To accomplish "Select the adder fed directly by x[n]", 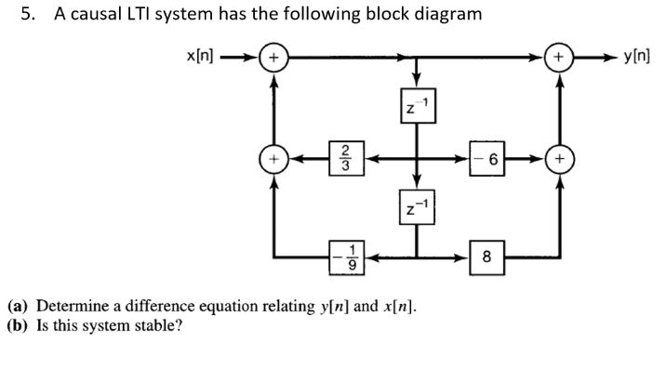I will click(x=273, y=58).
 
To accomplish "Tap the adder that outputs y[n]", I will click(x=559, y=58).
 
